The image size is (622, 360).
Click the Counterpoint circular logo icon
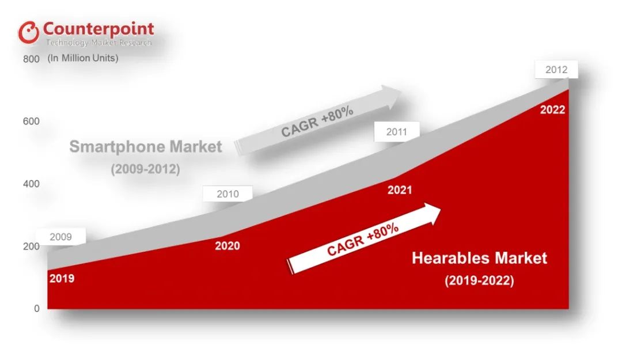pos(29,32)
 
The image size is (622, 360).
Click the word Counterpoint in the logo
pos(98,29)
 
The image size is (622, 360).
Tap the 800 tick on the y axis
pos(31,59)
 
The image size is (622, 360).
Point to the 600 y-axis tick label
pos(31,122)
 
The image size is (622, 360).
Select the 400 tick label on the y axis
pos(31,184)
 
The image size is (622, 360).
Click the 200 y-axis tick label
pos(31,246)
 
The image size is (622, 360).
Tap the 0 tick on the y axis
pos(37,308)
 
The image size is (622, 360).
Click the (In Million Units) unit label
pos(83,58)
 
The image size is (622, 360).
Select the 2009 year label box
pos(60,237)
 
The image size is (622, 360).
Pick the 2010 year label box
pos(227,194)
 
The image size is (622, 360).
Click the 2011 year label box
pos(397,132)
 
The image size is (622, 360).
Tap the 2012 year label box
pos(556,70)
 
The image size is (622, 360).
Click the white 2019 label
pos(62,279)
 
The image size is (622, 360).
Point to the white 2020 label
pos(227,246)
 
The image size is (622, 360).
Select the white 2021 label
pos(400,190)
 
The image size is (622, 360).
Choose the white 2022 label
pos(552,110)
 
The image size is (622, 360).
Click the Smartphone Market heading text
pos(146,147)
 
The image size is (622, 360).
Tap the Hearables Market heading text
pos(479,259)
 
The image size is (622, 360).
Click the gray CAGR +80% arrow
pos(318,120)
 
